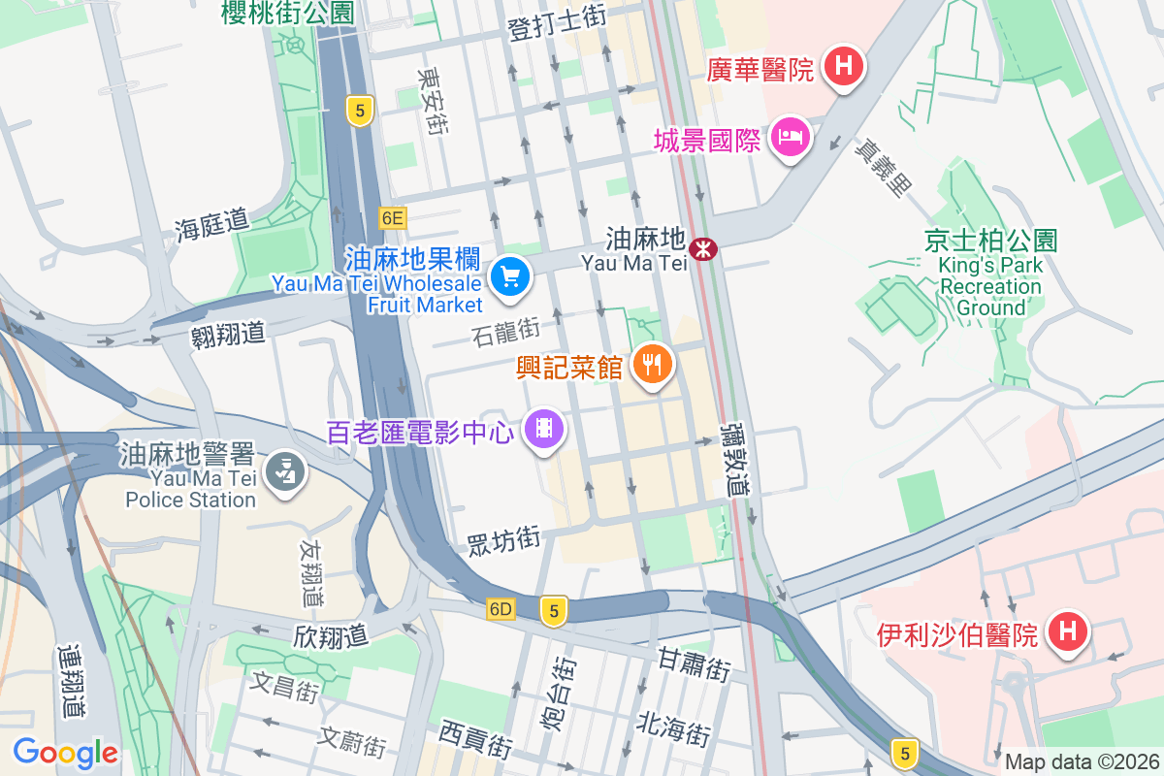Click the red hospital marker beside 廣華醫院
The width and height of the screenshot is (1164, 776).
point(844,67)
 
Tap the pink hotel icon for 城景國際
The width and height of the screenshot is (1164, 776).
point(791,138)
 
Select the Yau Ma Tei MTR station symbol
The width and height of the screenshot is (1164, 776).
point(703,249)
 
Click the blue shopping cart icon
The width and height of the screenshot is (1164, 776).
point(509,278)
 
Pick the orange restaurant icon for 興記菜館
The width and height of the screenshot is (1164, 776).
point(653,365)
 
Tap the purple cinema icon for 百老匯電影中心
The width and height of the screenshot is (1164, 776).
point(544,428)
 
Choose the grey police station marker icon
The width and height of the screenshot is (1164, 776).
point(284,473)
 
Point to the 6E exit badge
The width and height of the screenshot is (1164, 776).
point(392,218)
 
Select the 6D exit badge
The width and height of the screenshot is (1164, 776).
point(501,609)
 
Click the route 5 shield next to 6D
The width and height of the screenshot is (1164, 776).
point(554,610)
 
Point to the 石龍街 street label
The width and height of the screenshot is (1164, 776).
point(505,333)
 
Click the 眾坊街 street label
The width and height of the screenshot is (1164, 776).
point(502,539)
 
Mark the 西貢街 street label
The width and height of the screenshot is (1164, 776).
point(474,738)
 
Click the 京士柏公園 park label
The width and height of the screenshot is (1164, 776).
point(989,241)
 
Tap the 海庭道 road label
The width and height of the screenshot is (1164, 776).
point(211,226)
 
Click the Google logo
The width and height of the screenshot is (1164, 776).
point(65,753)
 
